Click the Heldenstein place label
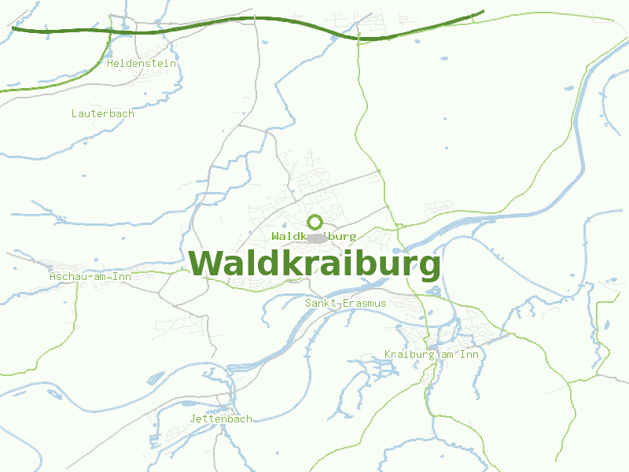(142, 63)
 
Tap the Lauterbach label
(103, 113)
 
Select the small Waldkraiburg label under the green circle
(314, 236)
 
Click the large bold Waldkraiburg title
(314, 264)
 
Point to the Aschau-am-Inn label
(90, 276)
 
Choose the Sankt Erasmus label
(346, 303)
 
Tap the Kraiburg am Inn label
(432, 355)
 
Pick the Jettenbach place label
(221, 419)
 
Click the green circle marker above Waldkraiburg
(315, 222)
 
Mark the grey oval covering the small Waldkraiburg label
(318, 237)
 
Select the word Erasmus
(362, 303)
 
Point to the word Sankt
(321, 303)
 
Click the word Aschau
(68, 276)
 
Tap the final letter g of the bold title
(429, 266)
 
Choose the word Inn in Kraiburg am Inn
(469, 355)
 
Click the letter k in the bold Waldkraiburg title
(288, 263)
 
